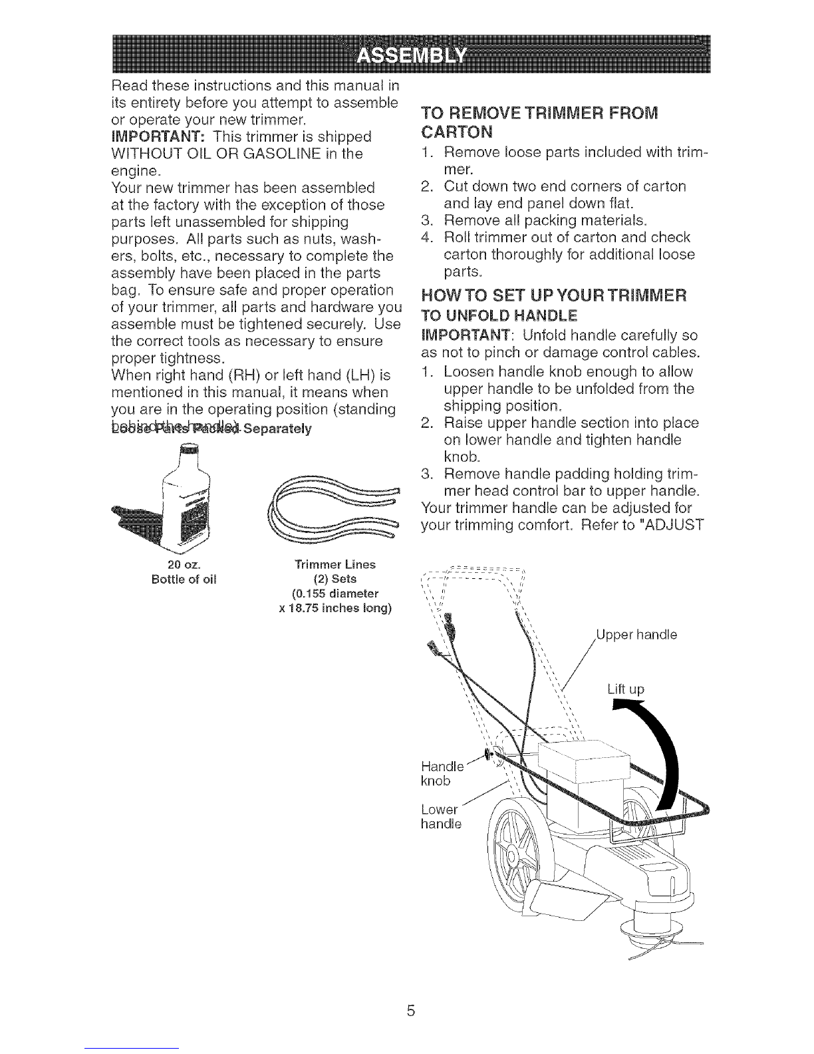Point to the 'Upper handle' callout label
point(636,635)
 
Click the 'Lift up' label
point(626,689)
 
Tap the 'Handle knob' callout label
point(442,771)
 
